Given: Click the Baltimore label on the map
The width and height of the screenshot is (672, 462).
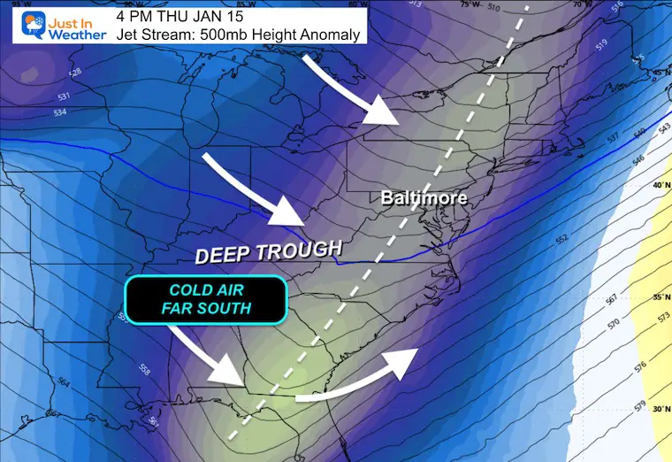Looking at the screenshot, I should tap(424, 198).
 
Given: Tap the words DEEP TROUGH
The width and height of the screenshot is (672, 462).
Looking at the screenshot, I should tap(267, 253).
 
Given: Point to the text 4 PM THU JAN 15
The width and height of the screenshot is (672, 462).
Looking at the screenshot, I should tap(172, 15).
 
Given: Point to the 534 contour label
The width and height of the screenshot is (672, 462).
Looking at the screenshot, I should tap(36, 112).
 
